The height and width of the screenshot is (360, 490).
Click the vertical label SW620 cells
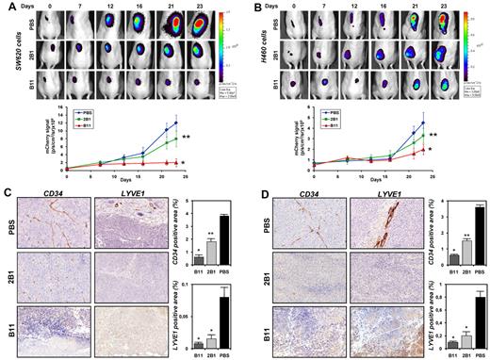click(x=9, y=52)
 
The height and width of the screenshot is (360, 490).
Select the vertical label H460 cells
click(x=256, y=52)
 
